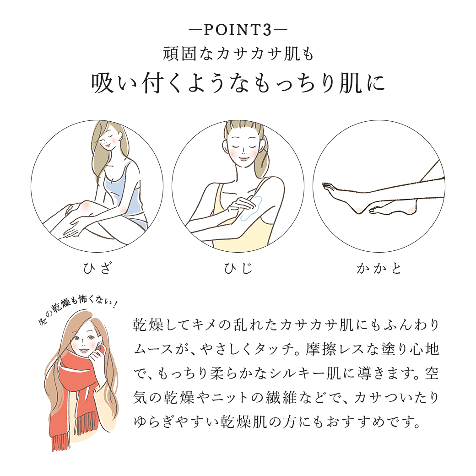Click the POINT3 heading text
[238, 30]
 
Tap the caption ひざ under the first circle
[97, 268]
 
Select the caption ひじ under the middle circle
[238, 268]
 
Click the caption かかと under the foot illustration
[379, 268]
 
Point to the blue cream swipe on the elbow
[251, 208]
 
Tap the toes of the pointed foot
[328, 186]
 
